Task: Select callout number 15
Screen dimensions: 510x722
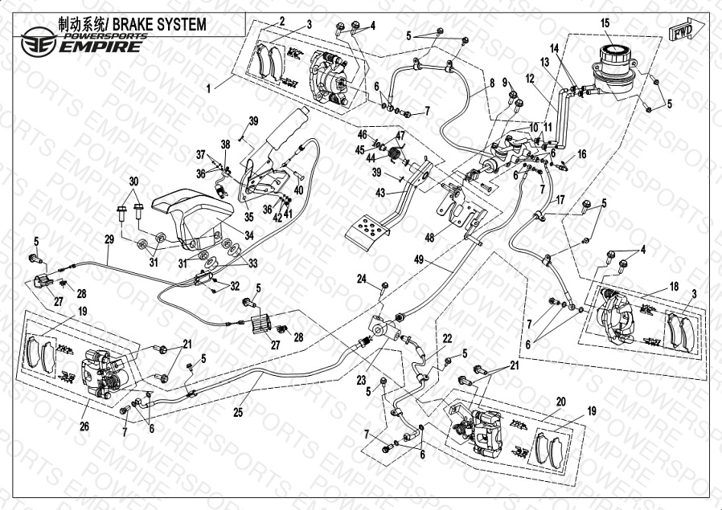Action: coord(605,23)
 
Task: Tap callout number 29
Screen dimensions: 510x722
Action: coord(109,239)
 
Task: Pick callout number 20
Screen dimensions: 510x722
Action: coord(561,402)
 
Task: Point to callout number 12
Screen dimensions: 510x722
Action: coord(530,79)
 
